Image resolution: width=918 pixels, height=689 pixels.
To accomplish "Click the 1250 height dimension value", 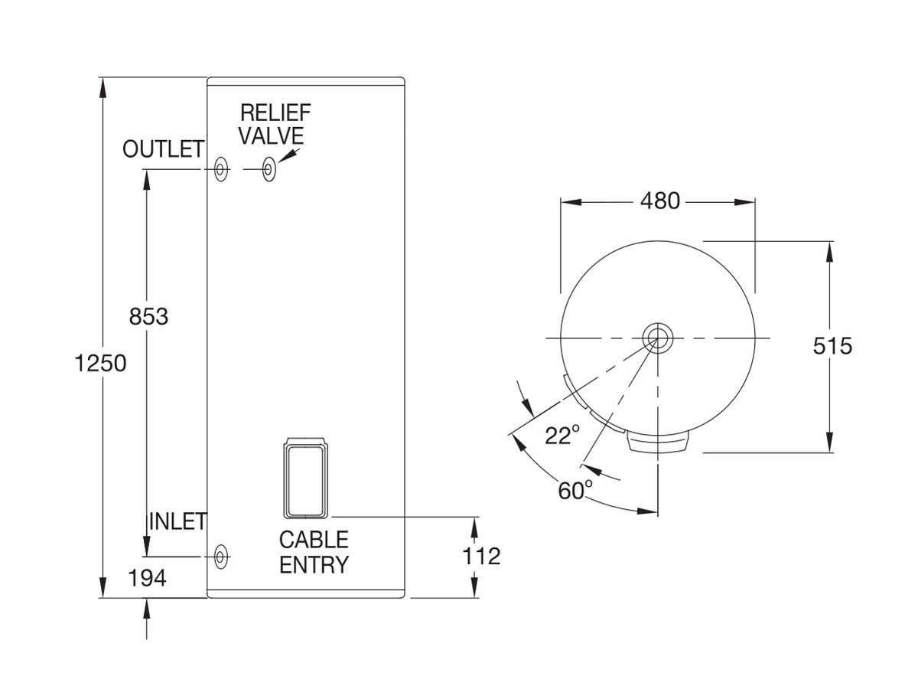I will coord(100,362).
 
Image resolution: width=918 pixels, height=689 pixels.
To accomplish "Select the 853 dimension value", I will coord(148,316).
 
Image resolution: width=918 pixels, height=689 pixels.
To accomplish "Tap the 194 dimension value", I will coord(148,579).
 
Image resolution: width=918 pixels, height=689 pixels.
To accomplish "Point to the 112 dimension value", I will coord(481,556).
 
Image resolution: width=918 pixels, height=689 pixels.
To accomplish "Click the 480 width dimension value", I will coord(659,201).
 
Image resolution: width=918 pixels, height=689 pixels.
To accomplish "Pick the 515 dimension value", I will coord(832,346).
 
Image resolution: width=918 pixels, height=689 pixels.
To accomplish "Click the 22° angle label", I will coord(562,436).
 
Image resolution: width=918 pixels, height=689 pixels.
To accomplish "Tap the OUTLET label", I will coord(163,149).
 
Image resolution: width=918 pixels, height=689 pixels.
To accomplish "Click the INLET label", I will coord(177,522).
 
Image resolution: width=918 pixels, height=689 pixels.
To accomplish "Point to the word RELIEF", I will coord(275,113).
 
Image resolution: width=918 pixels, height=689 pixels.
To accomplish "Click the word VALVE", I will coord(272,136).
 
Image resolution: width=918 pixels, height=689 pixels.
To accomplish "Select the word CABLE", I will coord(314,540).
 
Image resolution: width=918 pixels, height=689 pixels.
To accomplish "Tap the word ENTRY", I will coord(314,565).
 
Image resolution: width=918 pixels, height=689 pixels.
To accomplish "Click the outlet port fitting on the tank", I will coord(221,169).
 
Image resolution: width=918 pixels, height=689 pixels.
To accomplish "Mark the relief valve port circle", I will coord(269,169).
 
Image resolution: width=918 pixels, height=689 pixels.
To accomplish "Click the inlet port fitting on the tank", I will coord(221,556).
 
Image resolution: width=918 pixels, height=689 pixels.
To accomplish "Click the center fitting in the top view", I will coord(656,337).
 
